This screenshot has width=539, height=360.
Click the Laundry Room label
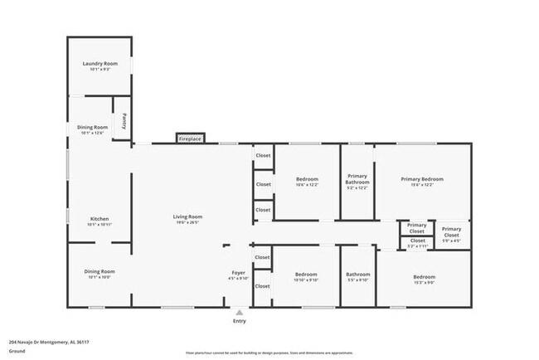point(100,64)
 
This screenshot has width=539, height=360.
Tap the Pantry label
point(124,121)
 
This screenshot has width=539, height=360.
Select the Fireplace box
point(190,139)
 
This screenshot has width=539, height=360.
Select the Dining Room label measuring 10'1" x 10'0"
point(99,271)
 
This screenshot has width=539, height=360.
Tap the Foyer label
point(238,272)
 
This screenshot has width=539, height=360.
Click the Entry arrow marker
point(239,312)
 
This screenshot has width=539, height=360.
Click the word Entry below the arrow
point(239,321)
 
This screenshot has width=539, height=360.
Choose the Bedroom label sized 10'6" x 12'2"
point(307,178)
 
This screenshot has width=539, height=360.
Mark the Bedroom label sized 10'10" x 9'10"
point(306,274)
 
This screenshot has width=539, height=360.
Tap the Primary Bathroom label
point(357,178)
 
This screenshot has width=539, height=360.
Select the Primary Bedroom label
point(422,179)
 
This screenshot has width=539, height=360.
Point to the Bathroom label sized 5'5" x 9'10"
point(358,275)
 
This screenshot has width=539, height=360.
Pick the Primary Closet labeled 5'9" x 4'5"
point(451,235)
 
